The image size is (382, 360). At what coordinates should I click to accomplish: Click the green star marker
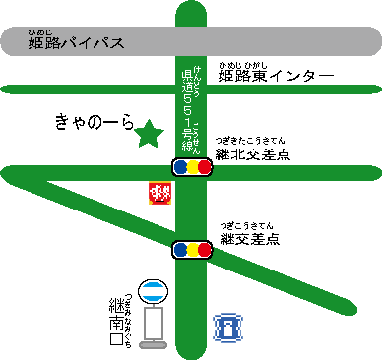coord(149,132)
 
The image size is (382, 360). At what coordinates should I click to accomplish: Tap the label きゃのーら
coord(94,123)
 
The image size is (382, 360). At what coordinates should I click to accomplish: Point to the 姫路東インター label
coord(277,77)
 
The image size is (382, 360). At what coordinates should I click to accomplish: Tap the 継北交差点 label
coord(256,155)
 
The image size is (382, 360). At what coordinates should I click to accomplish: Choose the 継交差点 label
coord(250,238)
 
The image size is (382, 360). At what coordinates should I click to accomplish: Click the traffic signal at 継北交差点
coord(192,167)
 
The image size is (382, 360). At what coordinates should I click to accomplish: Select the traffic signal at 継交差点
coord(192,250)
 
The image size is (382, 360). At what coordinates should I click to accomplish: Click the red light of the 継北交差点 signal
coord(205,167)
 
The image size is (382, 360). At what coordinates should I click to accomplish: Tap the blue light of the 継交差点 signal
coord(180,250)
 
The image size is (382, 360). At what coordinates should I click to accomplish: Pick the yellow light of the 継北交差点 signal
coord(192,167)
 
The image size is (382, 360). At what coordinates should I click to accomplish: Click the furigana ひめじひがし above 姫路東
coord(237,63)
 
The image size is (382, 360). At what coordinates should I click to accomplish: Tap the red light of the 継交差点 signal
coord(205,250)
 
